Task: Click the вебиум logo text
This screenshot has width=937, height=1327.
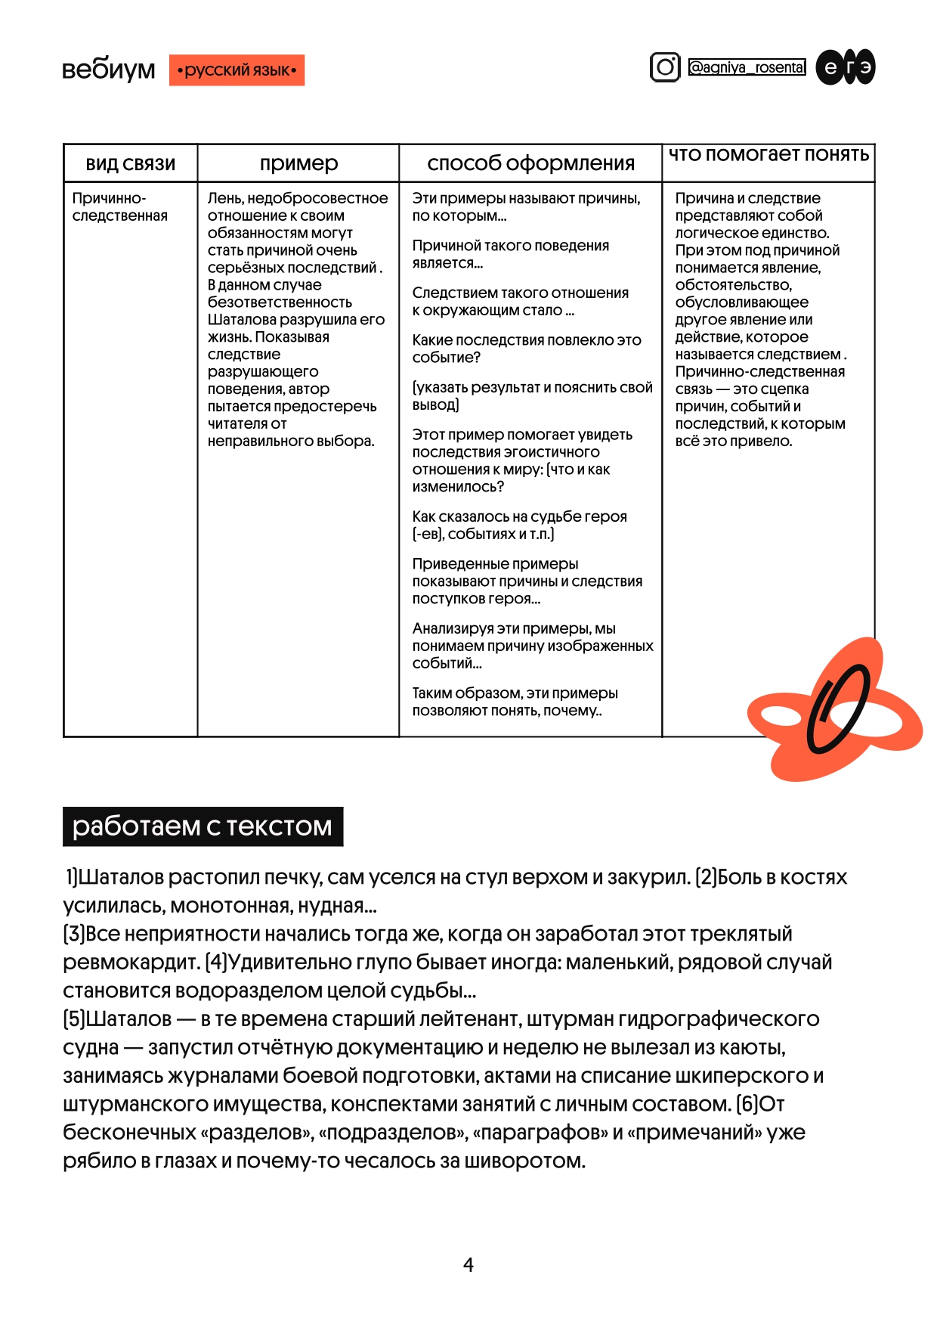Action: coord(108,70)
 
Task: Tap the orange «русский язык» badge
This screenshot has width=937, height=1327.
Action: coord(237,70)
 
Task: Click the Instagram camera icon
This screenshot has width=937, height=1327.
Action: coord(665,67)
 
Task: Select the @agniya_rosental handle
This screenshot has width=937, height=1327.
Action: coord(747,67)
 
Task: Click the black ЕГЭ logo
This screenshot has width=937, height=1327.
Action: coord(846,67)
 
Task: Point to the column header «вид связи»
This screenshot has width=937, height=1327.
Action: coord(130,164)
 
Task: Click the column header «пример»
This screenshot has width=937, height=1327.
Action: coord(298,163)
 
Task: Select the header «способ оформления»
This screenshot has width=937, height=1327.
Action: coord(530,163)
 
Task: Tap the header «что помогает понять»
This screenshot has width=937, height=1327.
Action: coord(768,155)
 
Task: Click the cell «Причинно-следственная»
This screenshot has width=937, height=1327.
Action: coord(119,207)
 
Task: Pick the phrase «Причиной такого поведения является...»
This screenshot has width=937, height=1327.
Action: coord(510,254)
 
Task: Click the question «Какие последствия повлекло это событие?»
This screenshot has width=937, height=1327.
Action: coord(526,349)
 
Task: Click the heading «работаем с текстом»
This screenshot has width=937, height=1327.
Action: coord(203,826)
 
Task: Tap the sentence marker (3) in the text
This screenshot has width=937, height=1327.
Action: coord(74,934)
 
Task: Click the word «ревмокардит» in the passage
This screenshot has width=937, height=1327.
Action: coord(131,963)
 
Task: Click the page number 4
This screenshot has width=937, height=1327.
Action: coord(468,1264)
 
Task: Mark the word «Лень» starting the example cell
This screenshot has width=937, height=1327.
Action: coord(224,198)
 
